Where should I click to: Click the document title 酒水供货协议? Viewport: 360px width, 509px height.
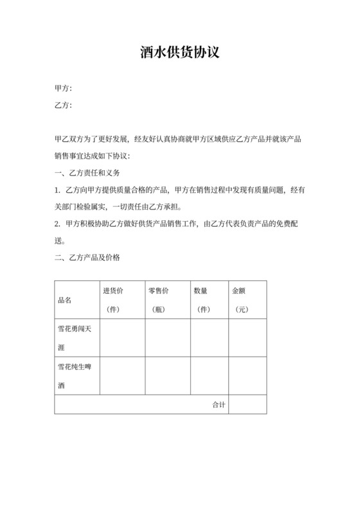coord(180,53)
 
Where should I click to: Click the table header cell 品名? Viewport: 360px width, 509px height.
coord(65,300)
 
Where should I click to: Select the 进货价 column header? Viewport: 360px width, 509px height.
coord(113,290)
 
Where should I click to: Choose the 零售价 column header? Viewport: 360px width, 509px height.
coord(157,290)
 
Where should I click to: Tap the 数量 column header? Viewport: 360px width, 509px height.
coord(201,290)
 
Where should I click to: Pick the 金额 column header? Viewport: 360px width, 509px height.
coord(239,290)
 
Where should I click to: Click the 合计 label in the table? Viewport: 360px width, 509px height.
coord(219,405)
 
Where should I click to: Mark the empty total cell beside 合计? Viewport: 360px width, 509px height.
coord(248,405)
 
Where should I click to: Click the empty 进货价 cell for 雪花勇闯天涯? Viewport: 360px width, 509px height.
coord(122,338)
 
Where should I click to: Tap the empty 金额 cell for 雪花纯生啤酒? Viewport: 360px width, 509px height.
coord(248,376)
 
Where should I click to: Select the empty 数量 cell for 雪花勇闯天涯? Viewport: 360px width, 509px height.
coord(210,338)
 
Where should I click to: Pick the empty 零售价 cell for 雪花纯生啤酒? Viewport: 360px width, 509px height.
coord(167,376)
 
